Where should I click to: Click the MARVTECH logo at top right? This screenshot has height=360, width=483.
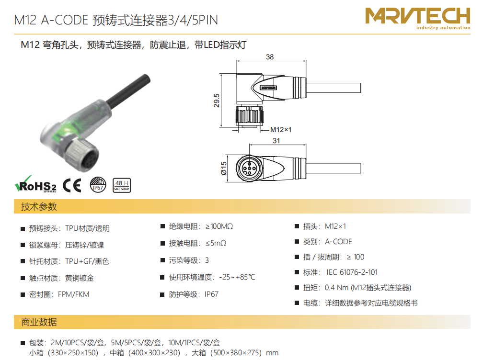tap(418, 19)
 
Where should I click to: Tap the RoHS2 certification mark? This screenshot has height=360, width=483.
tap(36, 184)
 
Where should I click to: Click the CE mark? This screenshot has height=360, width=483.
tap(72, 185)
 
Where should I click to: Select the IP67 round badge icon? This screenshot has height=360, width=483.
tap(98, 185)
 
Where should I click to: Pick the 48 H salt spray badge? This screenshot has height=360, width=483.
tap(122, 185)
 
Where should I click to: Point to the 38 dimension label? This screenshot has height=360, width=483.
tap(270, 57)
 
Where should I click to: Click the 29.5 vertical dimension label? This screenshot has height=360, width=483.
tap(217, 101)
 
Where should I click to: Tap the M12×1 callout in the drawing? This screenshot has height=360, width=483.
tap(281, 130)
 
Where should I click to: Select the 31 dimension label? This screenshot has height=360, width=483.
tap(276, 141)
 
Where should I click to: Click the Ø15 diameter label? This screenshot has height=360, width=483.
tap(224, 169)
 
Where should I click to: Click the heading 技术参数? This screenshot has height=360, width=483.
tap(39, 206)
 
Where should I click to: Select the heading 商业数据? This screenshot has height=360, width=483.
tap(39, 322)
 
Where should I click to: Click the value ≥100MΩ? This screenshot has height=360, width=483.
tap(219, 226)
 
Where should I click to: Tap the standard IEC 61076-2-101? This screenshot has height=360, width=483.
tap(352, 272)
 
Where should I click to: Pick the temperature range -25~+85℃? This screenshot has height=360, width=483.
tap(237, 277)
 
